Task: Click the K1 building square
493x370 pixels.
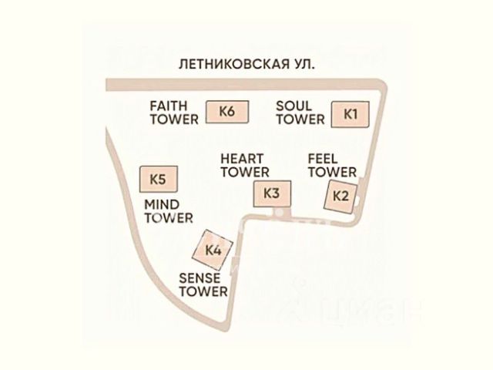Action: click(350, 114)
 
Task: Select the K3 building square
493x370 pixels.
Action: click(271, 193)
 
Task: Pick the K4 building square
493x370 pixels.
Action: click(213, 250)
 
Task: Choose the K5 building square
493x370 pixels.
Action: click(157, 180)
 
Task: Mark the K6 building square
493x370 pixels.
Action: click(226, 112)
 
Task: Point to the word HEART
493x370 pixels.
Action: click(244, 158)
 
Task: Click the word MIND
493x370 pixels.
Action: click(163, 203)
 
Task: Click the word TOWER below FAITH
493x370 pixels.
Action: click(173, 119)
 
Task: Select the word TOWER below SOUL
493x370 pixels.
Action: click(300, 119)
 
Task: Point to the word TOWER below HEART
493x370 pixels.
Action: click(244, 172)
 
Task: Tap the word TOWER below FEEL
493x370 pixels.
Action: click(332, 172)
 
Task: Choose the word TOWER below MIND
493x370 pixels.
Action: click(169, 218)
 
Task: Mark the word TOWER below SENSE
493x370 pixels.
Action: click(203, 291)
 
